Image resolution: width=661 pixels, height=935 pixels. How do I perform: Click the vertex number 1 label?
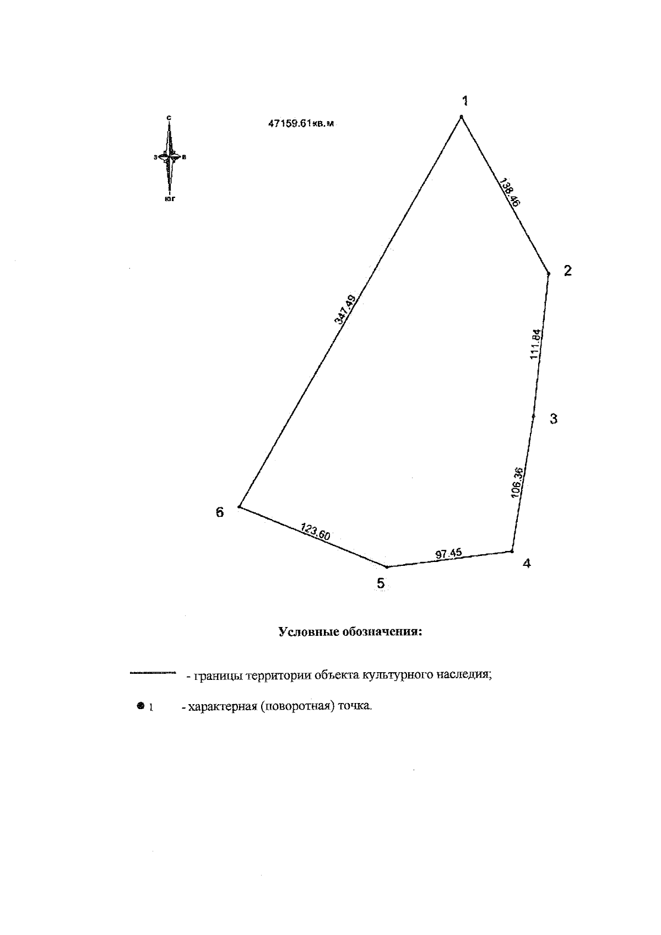pyautogui.click(x=465, y=100)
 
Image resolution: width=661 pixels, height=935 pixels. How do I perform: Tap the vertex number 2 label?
pyautogui.click(x=567, y=271)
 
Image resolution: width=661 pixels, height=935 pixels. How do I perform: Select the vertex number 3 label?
pyautogui.click(x=554, y=419)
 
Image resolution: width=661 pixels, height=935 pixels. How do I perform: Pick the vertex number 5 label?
pyautogui.click(x=381, y=583)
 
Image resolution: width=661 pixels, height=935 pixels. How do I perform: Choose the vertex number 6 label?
pyautogui.click(x=220, y=512)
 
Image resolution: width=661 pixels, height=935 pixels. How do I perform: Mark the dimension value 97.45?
pyautogui.click(x=449, y=554)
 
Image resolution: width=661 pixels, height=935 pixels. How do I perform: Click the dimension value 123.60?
pyautogui.click(x=315, y=533)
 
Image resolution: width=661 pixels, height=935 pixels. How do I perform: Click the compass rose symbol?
pyautogui.click(x=170, y=157)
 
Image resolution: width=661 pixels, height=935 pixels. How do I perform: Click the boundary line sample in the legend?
pyautogui.click(x=152, y=673)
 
